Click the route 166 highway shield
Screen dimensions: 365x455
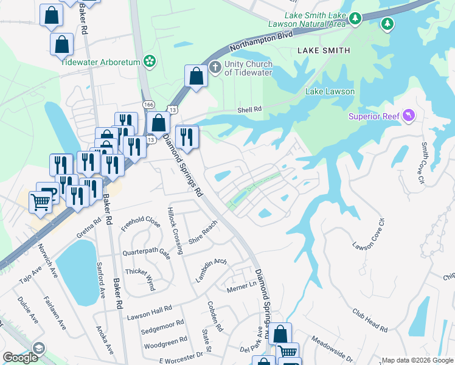click(149, 105)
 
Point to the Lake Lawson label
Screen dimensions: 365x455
click(330, 91)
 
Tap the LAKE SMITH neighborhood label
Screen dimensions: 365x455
click(323, 50)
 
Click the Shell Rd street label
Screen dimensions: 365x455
click(249, 109)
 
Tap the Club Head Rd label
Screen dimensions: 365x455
click(370, 319)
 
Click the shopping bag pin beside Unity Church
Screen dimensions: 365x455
click(196, 77)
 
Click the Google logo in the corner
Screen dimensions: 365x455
click(20, 358)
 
